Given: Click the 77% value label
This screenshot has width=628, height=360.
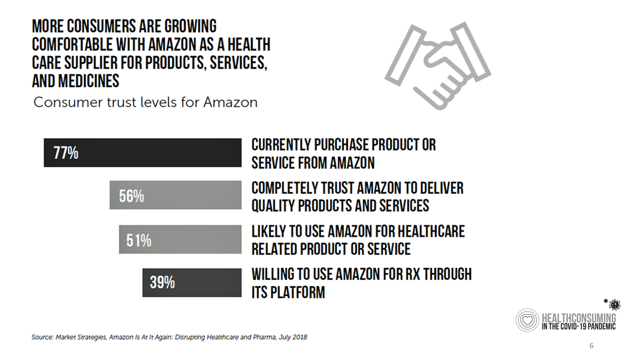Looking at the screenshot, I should click(66, 153).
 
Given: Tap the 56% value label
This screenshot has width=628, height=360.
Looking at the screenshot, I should click(131, 196).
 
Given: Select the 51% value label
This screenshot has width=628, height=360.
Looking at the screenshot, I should click(139, 240).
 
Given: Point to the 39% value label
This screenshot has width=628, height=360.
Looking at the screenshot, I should click(162, 283).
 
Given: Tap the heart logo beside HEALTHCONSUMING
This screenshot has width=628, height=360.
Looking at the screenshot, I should click(527, 320).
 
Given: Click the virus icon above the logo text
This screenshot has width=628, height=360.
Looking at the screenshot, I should click(614, 304).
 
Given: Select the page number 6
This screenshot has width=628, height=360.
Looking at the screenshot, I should click(591, 346).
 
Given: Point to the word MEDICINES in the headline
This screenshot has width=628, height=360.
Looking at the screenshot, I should click(88, 81).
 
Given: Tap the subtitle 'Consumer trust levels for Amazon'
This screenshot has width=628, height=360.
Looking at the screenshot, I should click(145, 102).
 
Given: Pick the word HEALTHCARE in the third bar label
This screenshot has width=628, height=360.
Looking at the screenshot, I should click(431, 231).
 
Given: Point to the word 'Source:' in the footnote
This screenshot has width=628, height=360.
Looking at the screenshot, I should click(42, 337).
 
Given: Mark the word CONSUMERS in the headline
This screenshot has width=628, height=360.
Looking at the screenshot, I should click(99, 26).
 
